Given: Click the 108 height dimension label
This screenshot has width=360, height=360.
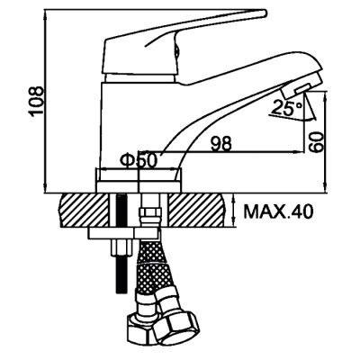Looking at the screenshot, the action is tap(36, 102).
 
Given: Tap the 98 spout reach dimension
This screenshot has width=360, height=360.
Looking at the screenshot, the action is tap(221, 143).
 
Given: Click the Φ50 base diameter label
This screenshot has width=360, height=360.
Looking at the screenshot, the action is tap(139, 160).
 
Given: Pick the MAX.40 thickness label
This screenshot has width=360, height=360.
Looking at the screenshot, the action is tap(279, 211).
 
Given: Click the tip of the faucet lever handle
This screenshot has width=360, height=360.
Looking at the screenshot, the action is tap(264, 13).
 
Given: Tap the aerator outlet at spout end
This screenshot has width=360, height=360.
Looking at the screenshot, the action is tap(302, 88).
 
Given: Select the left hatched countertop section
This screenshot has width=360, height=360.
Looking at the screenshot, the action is tap(85, 211).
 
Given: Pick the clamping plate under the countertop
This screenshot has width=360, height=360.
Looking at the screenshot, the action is tap(123, 233).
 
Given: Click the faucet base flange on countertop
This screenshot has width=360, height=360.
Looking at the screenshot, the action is tap(139, 180).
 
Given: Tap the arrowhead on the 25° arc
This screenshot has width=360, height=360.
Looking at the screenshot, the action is tap(312, 118).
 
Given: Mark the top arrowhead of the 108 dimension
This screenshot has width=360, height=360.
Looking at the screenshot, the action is tap(45, 12).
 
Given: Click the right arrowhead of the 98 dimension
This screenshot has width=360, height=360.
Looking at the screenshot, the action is tap(300, 152).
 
